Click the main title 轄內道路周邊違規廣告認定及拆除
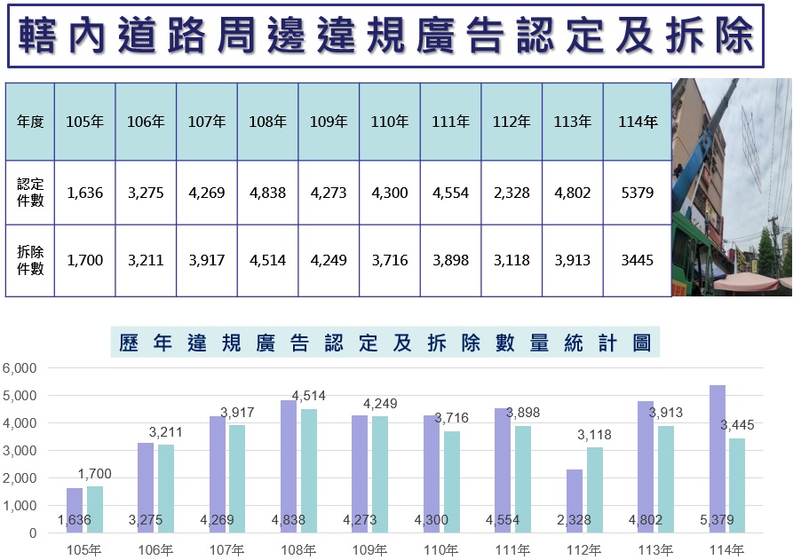coord(386,35)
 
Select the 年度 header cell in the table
coord(30,122)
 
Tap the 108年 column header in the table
coord(267,122)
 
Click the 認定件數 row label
coord(30,193)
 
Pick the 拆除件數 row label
coord(30,260)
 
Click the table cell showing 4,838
coord(267,193)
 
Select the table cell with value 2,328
coord(511,193)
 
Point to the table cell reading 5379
coord(636,193)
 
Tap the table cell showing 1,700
coord(85,260)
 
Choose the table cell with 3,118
coord(511,260)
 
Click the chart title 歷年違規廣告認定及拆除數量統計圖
coord(382,343)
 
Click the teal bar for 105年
coord(95,509)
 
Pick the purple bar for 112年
coord(575,501)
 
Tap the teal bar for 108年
coord(309,470)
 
